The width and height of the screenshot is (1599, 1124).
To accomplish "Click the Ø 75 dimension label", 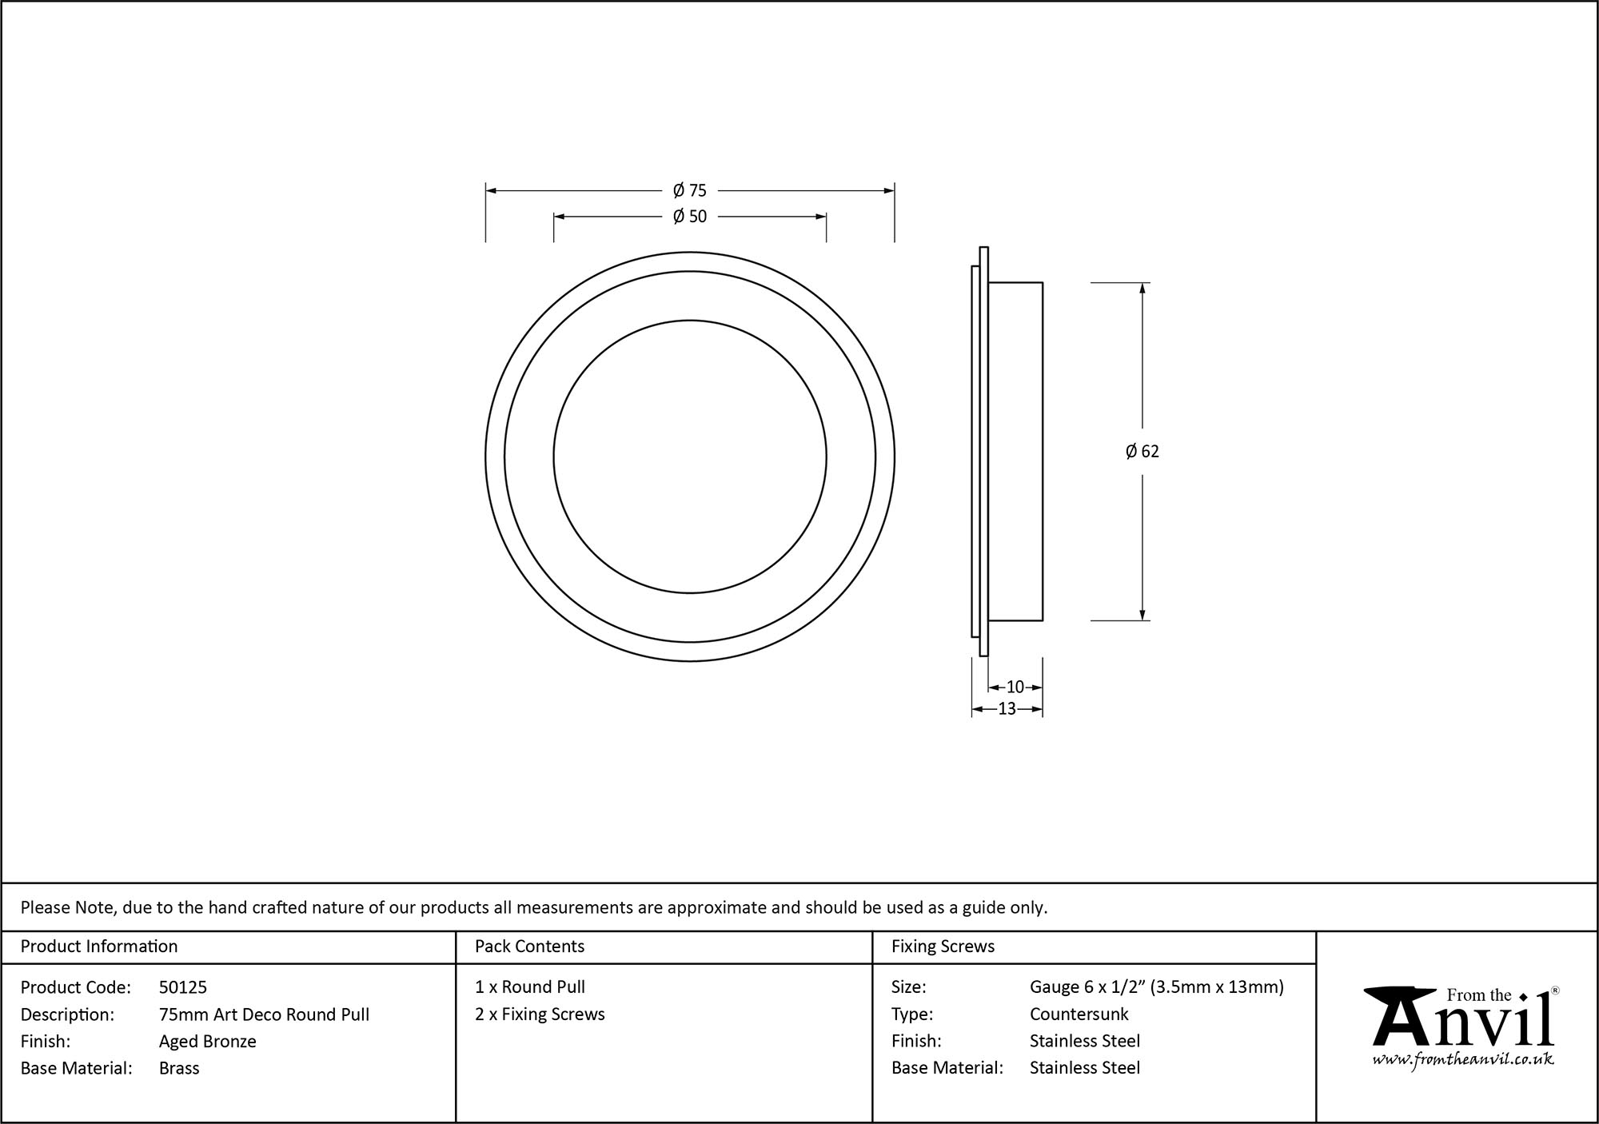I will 689,190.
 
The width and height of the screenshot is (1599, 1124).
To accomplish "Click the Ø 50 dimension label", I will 689,216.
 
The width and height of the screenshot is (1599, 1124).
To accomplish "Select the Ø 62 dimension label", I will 1142,452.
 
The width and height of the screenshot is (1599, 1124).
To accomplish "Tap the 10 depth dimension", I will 1015,687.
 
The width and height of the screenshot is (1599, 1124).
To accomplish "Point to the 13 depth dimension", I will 1007,708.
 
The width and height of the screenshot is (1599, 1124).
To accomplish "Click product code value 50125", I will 183,987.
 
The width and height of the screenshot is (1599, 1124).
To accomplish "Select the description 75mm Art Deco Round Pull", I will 264,1014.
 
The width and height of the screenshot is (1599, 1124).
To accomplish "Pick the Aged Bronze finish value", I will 207,1041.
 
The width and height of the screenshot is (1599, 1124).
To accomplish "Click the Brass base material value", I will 179,1068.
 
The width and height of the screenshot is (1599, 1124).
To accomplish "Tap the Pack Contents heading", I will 529,947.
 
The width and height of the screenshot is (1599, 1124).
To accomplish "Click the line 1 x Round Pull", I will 529,987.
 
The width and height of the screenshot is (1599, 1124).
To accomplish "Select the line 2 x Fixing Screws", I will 540,1014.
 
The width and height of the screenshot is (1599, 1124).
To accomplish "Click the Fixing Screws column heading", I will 943,947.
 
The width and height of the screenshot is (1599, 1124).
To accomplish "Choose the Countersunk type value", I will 1079,1014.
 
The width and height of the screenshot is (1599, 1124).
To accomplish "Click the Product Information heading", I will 99,947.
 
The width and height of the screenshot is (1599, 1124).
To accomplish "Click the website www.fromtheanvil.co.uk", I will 1462,1059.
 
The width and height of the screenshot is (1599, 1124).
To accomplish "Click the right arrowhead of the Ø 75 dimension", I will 889,191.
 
